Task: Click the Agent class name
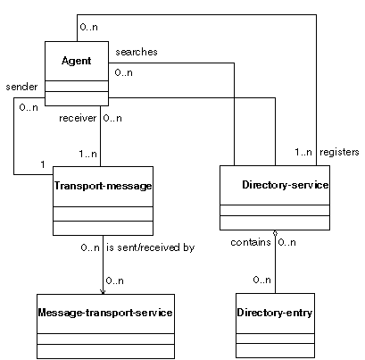pyautogui.click(x=77, y=61)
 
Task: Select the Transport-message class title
pyautogui.click(x=103, y=186)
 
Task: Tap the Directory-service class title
pyautogui.click(x=286, y=185)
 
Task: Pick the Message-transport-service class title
pyautogui.click(x=105, y=313)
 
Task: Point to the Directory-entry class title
pyautogui.click(x=275, y=313)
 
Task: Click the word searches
pyautogui.click(x=137, y=52)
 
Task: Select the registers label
pyautogui.click(x=339, y=152)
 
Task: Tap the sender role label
pyautogui.click(x=21, y=87)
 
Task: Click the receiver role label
pyautogui.click(x=78, y=118)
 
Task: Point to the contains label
pyautogui.click(x=251, y=242)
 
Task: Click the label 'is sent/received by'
pyautogui.click(x=151, y=247)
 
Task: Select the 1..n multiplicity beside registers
pyautogui.click(x=303, y=152)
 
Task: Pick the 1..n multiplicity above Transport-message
pyautogui.click(x=88, y=154)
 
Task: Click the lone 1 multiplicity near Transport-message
pyautogui.click(x=43, y=164)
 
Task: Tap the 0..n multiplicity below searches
pyautogui.click(x=124, y=72)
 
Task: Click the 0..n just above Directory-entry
pyautogui.click(x=262, y=280)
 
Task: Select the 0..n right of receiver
pyautogui.click(x=112, y=118)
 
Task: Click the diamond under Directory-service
pyautogui.click(x=275, y=233)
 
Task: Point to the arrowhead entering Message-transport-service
pyautogui.click(x=103, y=292)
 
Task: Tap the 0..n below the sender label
pyautogui.click(x=29, y=107)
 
